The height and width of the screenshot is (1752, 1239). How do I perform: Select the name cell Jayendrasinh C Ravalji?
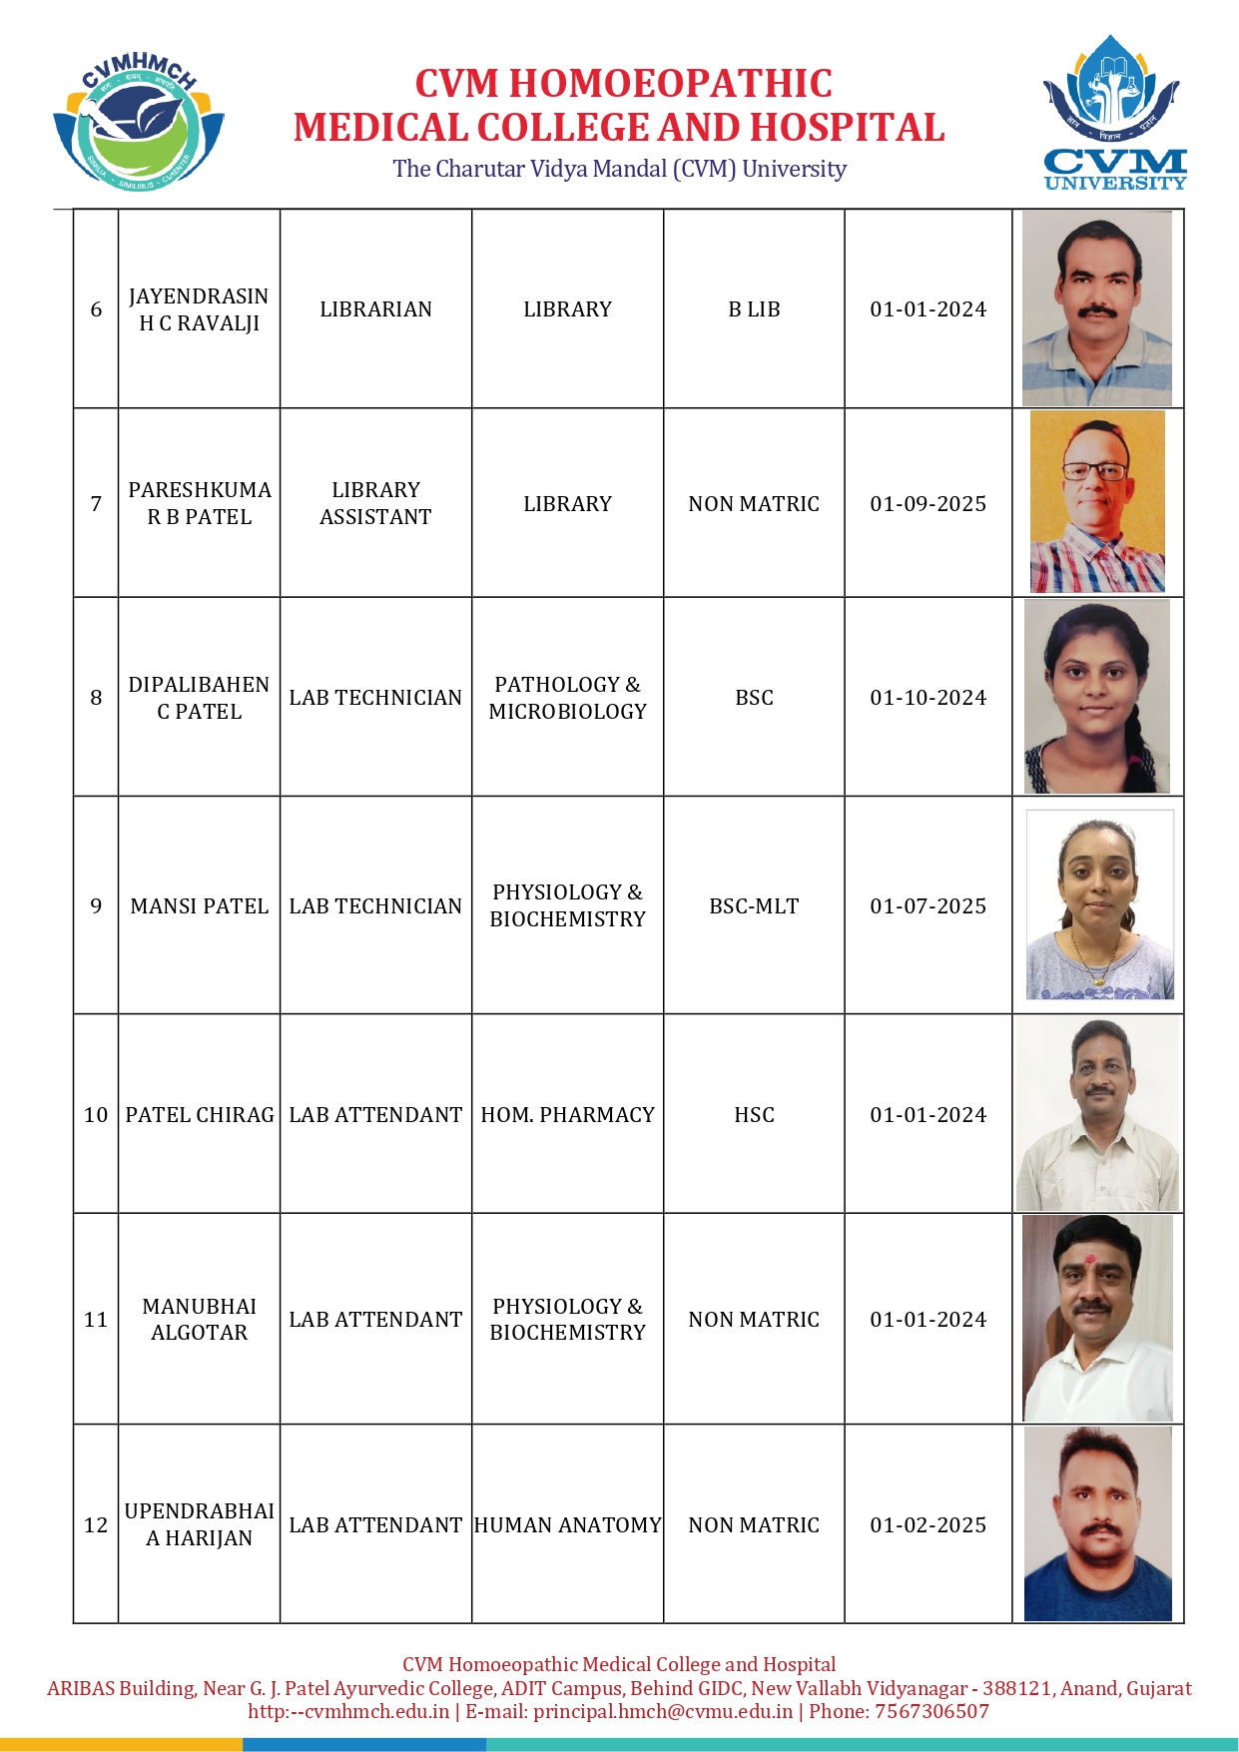pos(199,309)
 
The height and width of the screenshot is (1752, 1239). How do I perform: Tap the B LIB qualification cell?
pos(754,309)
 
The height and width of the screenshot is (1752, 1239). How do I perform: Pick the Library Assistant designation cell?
pos(375,503)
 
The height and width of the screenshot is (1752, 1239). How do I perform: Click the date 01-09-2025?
pos(928,504)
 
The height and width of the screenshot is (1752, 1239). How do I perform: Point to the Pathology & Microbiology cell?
pos(567,698)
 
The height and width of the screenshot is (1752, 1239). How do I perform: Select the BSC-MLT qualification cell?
pos(754,906)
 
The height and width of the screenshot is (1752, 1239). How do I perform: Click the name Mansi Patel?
pos(199,906)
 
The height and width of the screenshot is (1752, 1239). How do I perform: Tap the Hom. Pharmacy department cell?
pos(567,1115)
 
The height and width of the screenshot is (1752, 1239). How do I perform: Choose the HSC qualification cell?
pos(754,1115)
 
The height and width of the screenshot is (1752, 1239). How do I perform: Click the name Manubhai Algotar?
pos(199,1320)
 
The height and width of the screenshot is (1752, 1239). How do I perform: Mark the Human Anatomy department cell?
pos(567,1525)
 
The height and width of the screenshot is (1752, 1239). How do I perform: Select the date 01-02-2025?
pos(928,1525)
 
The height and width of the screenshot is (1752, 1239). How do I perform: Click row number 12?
pos(96,1525)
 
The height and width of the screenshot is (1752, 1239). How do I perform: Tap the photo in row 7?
pos(1097,502)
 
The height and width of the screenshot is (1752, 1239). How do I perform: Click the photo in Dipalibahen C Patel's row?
pos(1097,697)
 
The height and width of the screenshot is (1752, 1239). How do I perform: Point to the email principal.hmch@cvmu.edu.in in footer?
pos(663,1711)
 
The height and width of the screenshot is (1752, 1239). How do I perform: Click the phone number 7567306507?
pos(931,1711)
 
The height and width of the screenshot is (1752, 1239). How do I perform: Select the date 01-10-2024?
pos(928,698)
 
